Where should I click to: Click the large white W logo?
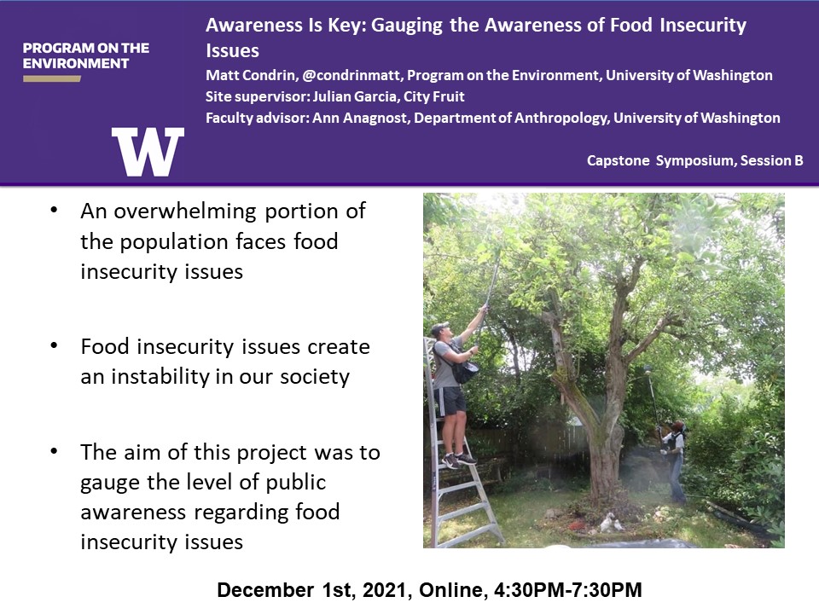click(x=148, y=152)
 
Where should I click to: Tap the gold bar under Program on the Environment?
click(x=52, y=78)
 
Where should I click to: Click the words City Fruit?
click(x=434, y=96)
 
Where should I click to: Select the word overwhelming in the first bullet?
click(x=185, y=212)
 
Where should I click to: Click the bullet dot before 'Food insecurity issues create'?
click(x=54, y=345)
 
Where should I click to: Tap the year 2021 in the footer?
click(x=385, y=590)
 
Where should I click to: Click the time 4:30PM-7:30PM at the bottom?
click(x=568, y=590)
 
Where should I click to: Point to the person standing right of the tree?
click(x=674, y=460)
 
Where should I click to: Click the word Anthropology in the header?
click(x=562, y=119)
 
